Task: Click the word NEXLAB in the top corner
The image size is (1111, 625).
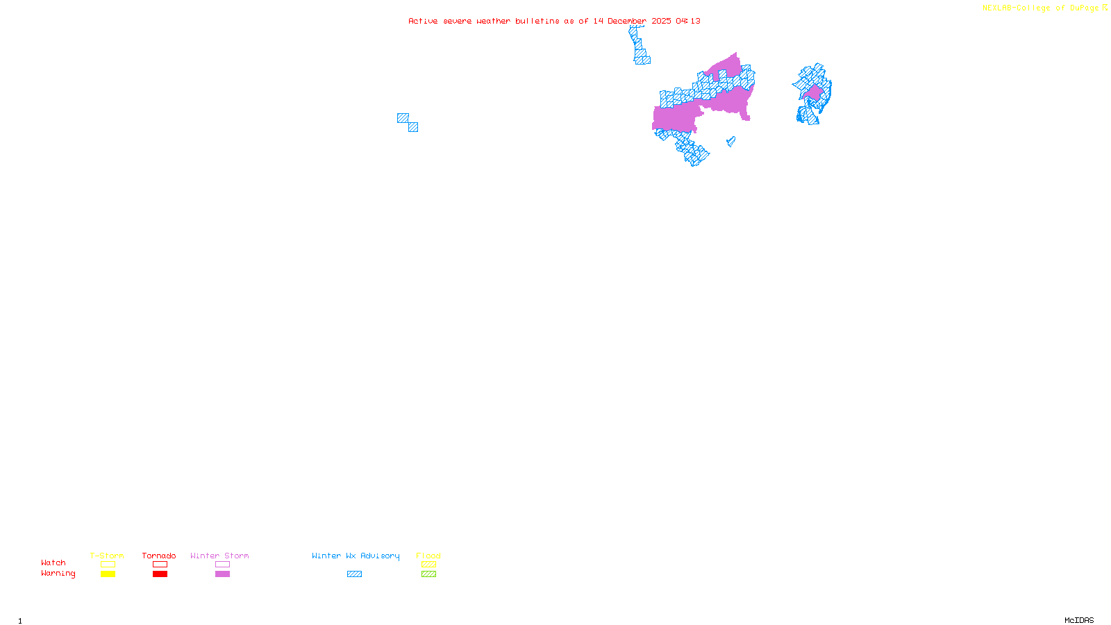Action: click(x=996, y=8)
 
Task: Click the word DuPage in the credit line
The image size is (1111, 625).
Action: click(x=1084, y=8)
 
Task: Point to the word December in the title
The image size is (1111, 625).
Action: click(x=627, y=22)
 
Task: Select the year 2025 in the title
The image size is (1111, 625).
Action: click(x=661, y=22)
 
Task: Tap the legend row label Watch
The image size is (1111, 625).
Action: click(x=53, y=563)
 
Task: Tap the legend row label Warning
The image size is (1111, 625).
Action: click(x=58, y=574)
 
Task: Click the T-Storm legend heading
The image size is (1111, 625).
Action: click(x=107, y=556)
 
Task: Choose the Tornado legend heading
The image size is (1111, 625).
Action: click(x=159, y=556)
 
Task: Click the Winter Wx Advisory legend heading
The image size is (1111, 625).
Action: click(x=356, y=556)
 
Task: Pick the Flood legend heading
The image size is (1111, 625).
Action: click(x=428, y=556)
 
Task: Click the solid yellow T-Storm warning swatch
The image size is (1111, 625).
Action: click(x=108, y=574)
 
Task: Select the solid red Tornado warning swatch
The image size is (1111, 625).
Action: click(x=160, y=574)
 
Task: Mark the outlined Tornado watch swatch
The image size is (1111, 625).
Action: click(x=160, y=565)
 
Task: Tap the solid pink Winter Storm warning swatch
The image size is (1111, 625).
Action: click(x=222, y=574)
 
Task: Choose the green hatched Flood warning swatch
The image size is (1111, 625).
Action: click(x=428, y=574)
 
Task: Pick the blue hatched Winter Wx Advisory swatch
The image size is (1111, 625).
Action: click(x=354, y=574)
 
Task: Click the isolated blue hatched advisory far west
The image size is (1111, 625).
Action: click(x=408, y=122)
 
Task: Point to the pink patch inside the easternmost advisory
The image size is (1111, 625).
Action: click(x=814, y=92)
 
